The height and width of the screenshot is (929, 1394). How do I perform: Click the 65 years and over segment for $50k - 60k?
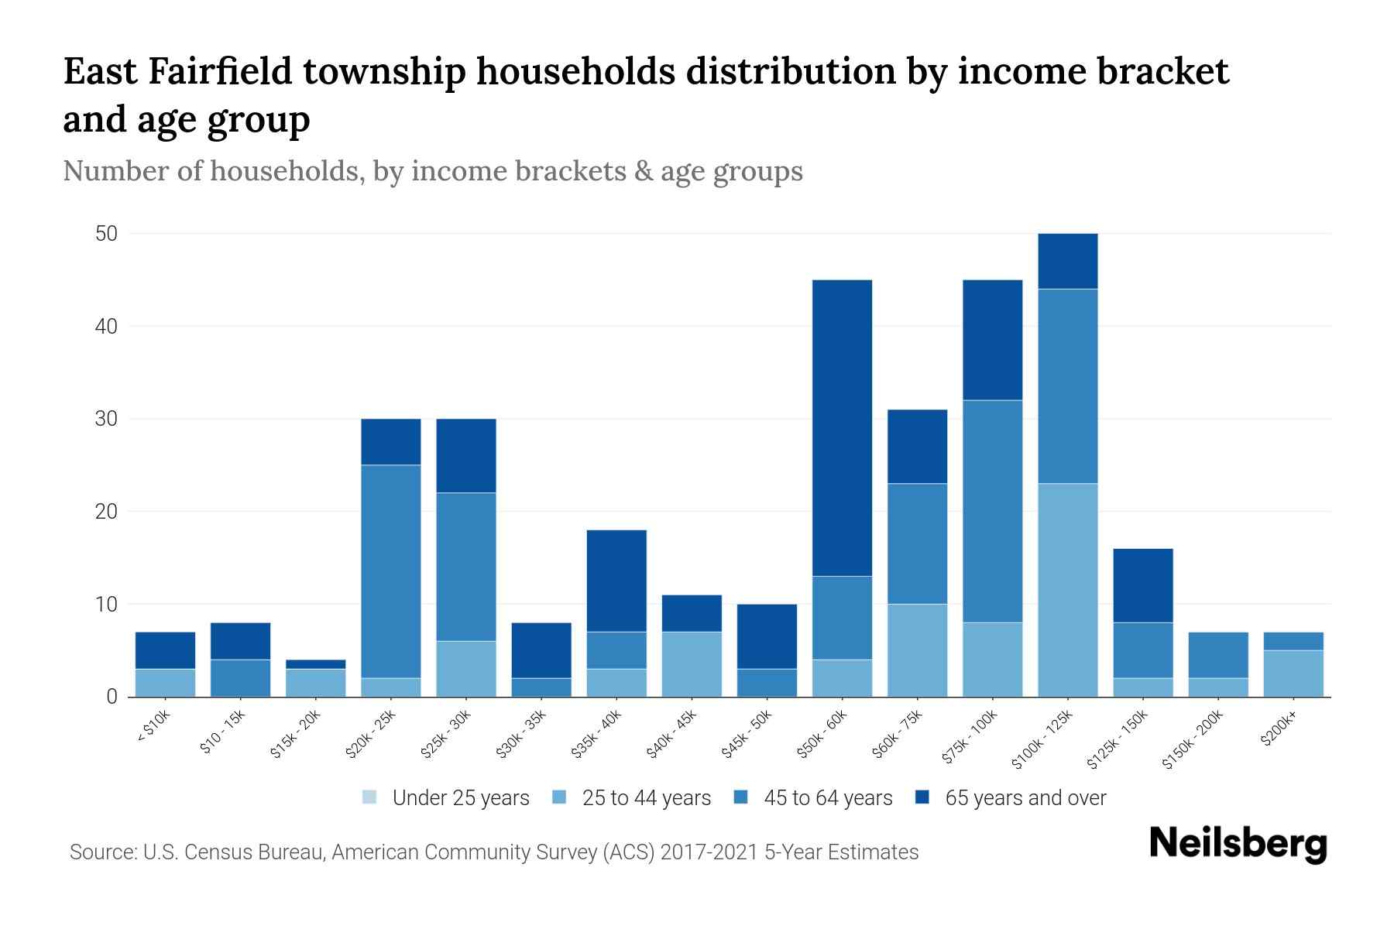coord(842,427)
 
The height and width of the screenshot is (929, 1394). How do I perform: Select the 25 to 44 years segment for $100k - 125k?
coord(1067,590)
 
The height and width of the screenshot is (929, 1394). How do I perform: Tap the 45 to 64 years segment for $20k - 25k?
coord(390,571)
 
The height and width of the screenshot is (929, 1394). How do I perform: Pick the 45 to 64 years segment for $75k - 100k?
coord(992,511)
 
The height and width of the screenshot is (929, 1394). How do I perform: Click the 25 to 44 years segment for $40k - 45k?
coord(692,664)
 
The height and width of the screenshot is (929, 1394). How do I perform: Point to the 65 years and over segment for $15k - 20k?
coord(315,663)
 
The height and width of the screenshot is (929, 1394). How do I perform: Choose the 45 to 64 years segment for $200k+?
coord(1293,641)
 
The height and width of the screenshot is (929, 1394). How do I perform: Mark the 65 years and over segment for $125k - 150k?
coord(1142,585)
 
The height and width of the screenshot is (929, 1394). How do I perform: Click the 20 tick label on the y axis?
coord(106,512)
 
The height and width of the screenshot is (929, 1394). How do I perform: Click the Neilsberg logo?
coord(1238,844)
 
